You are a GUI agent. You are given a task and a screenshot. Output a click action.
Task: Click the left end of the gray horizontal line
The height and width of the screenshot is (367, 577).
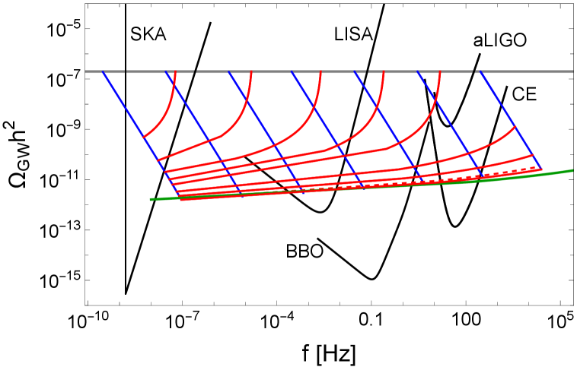(x=85, y=71)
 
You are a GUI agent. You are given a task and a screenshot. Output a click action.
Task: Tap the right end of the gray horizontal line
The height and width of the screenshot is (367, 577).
(x=572, y=71)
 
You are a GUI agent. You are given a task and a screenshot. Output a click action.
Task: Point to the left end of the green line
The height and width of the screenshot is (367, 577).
(x=151, y=199)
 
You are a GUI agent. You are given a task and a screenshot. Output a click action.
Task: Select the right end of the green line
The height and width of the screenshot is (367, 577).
(x=572, y=170)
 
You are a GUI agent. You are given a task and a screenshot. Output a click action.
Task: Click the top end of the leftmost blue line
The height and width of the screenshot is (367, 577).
(x=103, y=71)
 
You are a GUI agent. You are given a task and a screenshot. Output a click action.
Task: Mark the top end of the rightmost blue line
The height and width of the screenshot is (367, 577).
(x=480, y=71)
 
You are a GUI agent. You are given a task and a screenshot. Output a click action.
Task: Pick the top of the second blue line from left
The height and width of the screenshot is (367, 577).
(x=165, y=71)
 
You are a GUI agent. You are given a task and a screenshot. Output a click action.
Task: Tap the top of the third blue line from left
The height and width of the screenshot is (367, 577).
(x=228, y=71)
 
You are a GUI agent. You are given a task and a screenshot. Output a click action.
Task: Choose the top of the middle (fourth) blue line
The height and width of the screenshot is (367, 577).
(x=291, y=71)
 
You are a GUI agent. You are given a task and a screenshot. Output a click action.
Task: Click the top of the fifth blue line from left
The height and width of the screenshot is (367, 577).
(x=354, y=71)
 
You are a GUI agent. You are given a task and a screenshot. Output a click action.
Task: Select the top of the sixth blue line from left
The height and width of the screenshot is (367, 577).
(x=417, y=71)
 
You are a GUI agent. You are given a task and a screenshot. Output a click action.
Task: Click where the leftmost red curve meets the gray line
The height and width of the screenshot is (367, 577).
(x=175, y=71)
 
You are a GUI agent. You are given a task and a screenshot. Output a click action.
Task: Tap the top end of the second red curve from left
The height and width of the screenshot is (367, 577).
(x=251, y=71)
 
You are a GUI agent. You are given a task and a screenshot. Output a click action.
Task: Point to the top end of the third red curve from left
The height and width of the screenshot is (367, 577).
(x=321, y=71)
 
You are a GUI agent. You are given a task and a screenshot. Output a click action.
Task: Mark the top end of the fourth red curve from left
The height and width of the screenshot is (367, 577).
(x=384, y=71)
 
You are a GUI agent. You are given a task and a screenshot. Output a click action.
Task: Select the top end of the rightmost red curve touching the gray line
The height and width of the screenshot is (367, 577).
(x=440, y=71)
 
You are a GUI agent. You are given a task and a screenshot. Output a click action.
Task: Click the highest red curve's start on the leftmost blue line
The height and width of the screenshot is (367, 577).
(x=143, y=138)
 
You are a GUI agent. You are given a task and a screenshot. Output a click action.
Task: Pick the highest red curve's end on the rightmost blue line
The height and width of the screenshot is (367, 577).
(x=515, y=126)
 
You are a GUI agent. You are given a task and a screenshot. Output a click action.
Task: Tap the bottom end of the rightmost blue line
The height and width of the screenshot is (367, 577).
(x=541, y=169)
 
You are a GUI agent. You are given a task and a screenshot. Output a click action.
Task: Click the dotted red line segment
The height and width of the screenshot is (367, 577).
(x=457, y=179)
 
